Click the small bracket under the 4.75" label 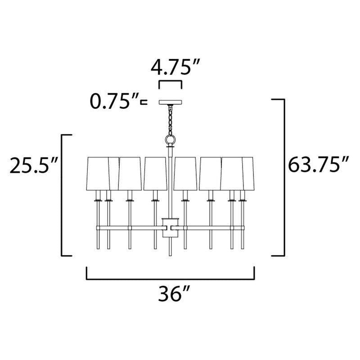[x=170, y=84]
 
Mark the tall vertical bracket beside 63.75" [x=283, y=177]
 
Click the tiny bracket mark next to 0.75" [x=144, y=103]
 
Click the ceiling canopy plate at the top [x=170, y=103]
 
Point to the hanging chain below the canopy [x=170, y=119]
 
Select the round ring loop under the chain [x=170, y=139]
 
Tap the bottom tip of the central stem [x=170, y=254]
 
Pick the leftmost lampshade [x=97, y=173]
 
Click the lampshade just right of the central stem [x=186, y=173]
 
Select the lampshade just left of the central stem [x=154, y=173]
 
